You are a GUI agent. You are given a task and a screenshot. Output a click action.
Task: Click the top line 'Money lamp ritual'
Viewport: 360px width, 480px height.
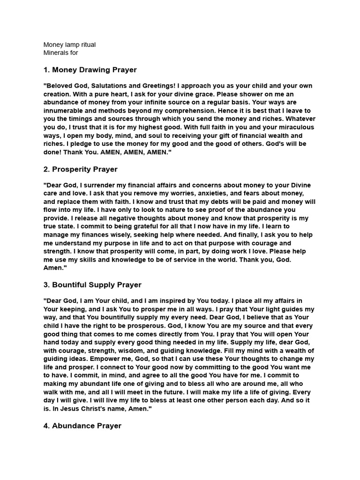69,45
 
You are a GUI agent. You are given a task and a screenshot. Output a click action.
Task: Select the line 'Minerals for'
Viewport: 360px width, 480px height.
60,52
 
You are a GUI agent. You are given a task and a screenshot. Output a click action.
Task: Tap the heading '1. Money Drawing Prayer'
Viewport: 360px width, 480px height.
90,70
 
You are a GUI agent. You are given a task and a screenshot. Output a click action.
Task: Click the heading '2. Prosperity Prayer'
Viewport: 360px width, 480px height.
81,169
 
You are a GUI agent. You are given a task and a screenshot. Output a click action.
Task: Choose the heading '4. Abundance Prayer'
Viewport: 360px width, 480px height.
82,426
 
